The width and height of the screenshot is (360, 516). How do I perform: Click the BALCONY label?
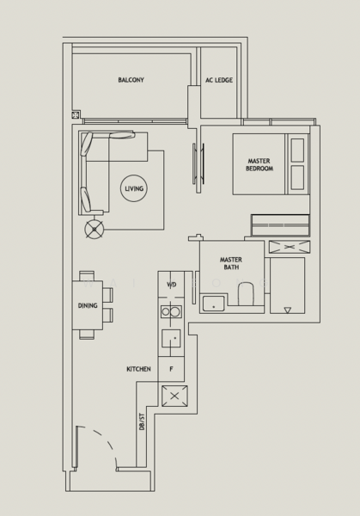[131, 80]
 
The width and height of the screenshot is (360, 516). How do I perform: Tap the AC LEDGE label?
[218, 80]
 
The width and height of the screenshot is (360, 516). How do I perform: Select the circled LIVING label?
[133, 188]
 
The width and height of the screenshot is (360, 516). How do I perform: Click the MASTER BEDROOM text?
[259, 164]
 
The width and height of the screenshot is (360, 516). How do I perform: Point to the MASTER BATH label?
[229, 263]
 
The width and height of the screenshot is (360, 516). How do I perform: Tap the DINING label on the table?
[88, 305]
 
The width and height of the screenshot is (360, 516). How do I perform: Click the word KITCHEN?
[138, 369]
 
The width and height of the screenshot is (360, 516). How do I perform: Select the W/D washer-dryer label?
[171, 285]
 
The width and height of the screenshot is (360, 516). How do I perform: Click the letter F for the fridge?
[171, 369]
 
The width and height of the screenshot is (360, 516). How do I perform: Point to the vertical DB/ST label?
[143, 421]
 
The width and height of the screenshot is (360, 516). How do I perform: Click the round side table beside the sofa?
[94, 229]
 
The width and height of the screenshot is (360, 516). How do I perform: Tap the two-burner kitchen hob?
[171, 312]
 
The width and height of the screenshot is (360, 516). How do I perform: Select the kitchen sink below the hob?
[172, 338]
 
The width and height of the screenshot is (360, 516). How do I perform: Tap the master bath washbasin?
[213, 302]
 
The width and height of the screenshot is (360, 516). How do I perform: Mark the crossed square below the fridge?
[174, 396]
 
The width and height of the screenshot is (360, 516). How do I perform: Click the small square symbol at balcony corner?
[76, 114]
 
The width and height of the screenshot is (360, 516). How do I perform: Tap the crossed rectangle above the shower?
[288, 247]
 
